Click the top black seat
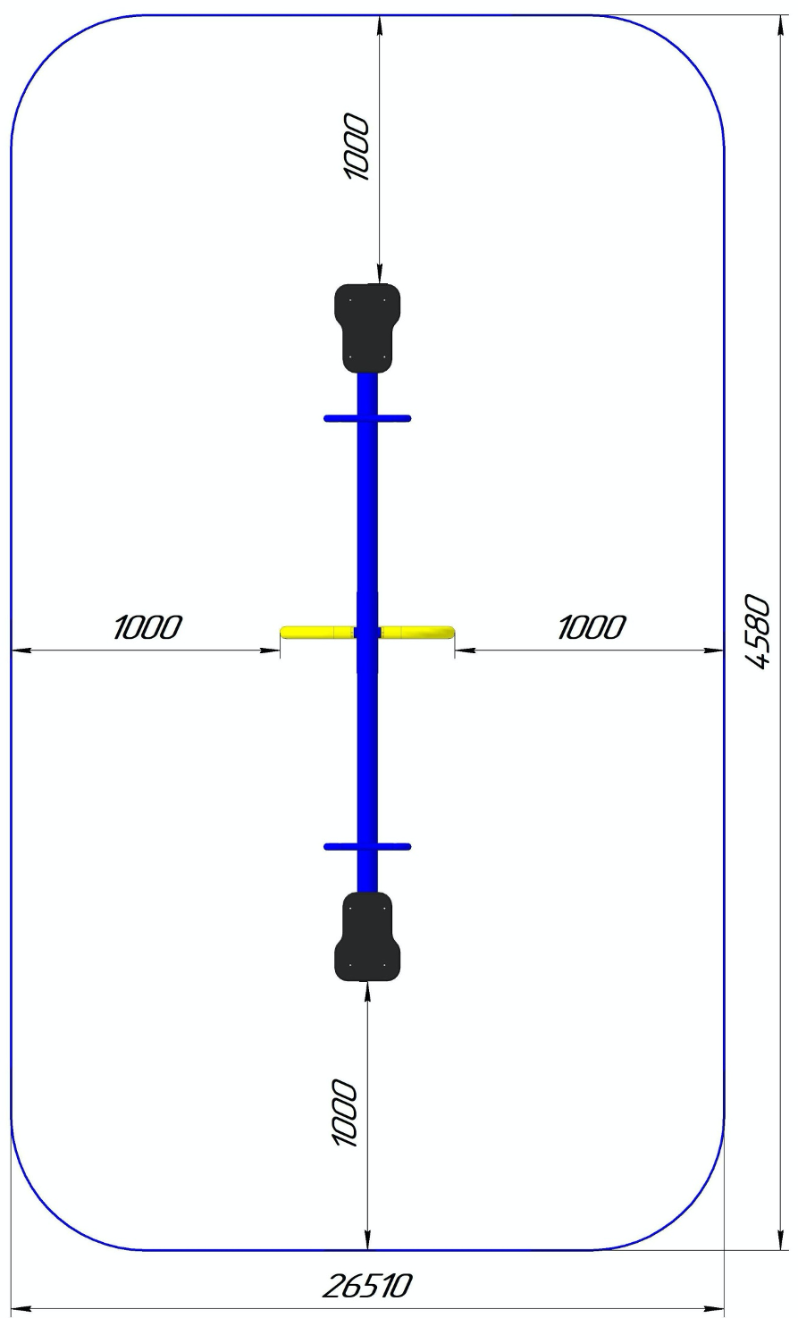[367, 328]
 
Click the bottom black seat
[367, 936]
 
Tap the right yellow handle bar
[417, 633]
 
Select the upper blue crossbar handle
[367, 418]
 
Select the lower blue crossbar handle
[367, 847]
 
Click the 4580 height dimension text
[758, 633]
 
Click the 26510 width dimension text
[366, 1286]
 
